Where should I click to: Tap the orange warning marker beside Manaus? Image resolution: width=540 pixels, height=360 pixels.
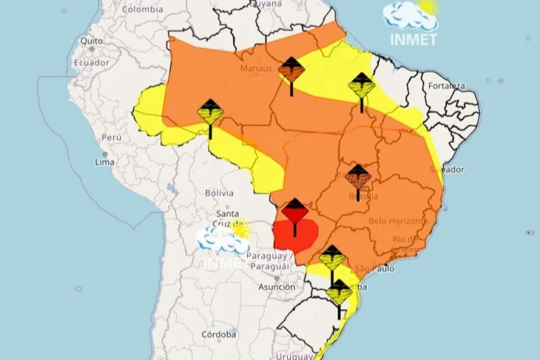(x=292, y=71)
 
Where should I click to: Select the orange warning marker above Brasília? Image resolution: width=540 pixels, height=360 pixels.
(x=358, y=177)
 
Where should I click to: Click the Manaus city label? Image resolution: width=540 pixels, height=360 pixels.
(x=256, y=68)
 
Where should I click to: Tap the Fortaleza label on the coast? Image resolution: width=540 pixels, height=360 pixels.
(x=446, y=86)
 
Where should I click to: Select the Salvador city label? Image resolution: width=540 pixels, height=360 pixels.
(x=447, y=169)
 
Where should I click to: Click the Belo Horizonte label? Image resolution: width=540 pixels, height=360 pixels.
(x=398, y=221)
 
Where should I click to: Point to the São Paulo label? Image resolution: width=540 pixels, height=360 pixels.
(x=375, y=268)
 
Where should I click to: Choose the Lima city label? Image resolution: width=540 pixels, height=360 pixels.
(x=105, y=162)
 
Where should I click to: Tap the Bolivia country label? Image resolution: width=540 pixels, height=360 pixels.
(x=219, y=193)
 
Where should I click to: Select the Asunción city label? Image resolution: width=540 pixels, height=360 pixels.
(x=277, y=287)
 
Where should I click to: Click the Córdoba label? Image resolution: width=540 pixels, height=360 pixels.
(x=218, y=334)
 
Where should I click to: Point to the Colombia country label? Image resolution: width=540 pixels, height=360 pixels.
(x=142, y=9)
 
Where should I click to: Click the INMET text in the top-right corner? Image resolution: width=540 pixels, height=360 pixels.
(x=413, y=39)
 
